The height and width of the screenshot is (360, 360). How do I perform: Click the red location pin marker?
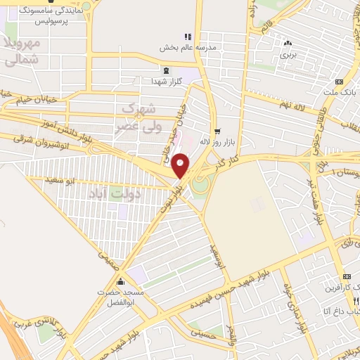(x=181, y=166)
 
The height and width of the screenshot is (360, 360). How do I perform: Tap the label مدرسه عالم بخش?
(x=174, y=47)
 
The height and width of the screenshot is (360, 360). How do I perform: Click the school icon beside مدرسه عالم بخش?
(x=187, y=37)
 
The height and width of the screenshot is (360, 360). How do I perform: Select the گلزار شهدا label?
(x=167, y=82)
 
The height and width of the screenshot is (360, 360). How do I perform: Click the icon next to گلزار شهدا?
(x=166, y=71)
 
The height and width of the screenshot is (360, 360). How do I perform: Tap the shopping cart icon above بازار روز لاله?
(x=217, y=131)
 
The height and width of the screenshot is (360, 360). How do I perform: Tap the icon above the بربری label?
(x=288, y=42)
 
